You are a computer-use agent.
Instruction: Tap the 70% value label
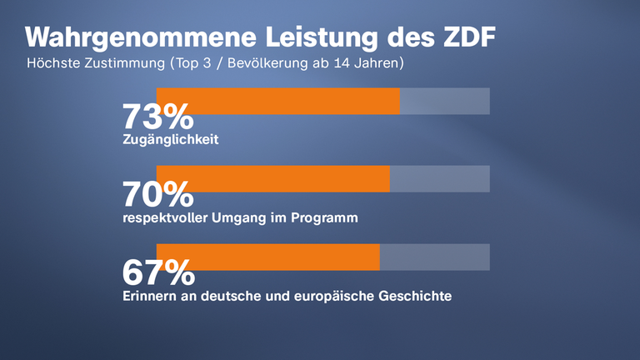(157, 195)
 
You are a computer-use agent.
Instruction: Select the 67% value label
(158, 273)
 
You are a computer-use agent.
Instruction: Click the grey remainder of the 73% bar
(444, 101)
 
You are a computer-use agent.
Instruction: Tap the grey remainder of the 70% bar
(439, 178)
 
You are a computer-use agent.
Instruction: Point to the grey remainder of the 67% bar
(434, 257)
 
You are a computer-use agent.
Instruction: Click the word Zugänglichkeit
(170, 140)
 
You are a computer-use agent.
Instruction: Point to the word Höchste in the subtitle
(52, 62)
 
